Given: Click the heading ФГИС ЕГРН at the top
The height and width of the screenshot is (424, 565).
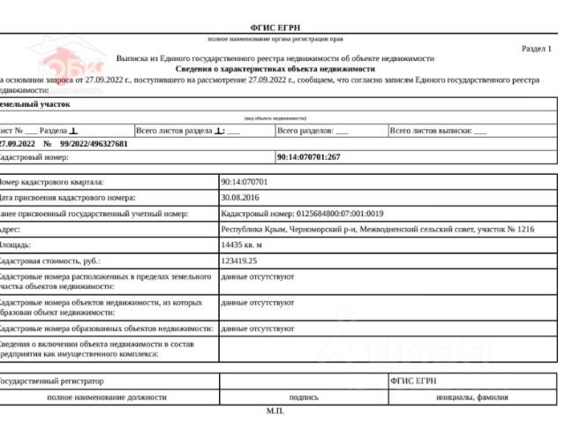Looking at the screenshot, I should click(x=275, y=28).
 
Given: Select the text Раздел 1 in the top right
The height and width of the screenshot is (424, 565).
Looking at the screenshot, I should click(x=536, y=49).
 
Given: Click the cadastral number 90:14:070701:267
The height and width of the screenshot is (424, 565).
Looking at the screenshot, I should click(x=308, y=157).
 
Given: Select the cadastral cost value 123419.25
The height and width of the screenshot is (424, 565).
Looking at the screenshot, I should click(x=239, y=261).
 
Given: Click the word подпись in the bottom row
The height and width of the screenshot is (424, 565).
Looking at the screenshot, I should click(x=304, y=397).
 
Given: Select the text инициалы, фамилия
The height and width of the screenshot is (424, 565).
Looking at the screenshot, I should click(x=472, y=397).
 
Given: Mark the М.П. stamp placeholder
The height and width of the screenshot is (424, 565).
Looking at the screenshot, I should click(x=275, y=412).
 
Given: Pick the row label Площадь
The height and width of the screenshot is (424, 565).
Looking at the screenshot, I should click(x=18, y=245).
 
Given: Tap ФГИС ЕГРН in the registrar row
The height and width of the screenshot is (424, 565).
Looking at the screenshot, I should click(x=413, y=381).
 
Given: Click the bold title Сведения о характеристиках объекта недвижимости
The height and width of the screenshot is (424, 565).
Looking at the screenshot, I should click(x=275, y=68).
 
